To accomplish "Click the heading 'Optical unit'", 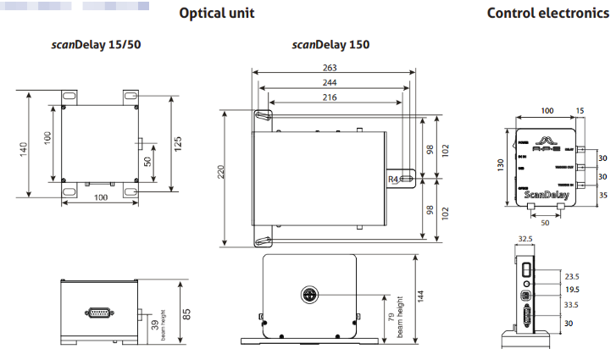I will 216,14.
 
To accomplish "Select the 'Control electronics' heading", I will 547,14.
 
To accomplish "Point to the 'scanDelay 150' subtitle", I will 330,44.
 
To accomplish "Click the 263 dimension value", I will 330,68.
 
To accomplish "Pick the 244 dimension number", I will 330,82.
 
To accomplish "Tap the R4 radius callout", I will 393,180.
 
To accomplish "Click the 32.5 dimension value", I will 526,240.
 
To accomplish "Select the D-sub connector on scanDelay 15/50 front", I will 97,313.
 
